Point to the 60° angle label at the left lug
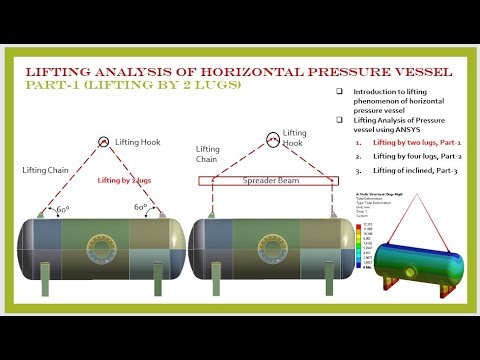coord(64,208)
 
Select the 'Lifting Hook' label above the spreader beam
coord(295,138)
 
